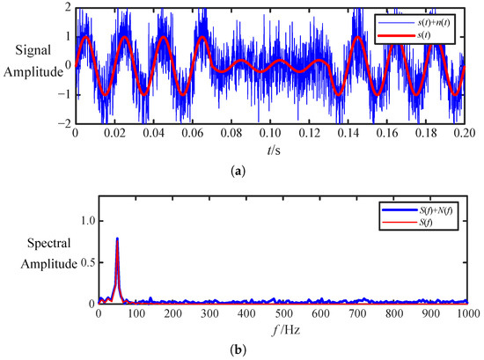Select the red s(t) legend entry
(405, 35)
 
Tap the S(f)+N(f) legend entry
(418, 210)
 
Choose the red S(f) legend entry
(407, 223)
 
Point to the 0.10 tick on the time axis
(270, 133)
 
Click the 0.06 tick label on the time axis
(193, 133)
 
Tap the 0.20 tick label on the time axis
(465, 133)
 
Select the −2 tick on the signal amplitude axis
(65, 123)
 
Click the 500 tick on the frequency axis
(283, 313)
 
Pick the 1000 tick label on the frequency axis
(468, 313)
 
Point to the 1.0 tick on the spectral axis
(87, 222)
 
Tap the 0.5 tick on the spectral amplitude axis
(87, 263)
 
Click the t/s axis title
(274, 151)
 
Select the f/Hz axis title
(286, 330)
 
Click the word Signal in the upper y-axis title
(33, 51)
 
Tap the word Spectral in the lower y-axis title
(48, 243)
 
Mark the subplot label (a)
(238, 171)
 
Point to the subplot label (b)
(238, 350)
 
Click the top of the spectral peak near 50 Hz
(117, 238)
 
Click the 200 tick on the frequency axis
(172, 313)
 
